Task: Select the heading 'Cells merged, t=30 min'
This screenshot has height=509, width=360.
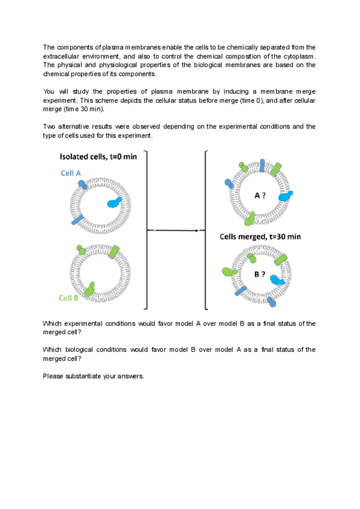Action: (x=260, y=237)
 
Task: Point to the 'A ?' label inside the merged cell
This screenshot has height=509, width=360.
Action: (x=260, y=196)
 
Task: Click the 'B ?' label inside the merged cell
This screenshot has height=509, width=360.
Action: (x=260, y=274)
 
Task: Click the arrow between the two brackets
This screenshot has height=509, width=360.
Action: (x=176, y=230)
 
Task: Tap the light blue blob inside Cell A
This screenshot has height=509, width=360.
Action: (x=113, y=202)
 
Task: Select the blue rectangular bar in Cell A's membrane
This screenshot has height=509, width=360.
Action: (x=77, y=221)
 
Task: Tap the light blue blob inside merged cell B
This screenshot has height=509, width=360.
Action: (x=277, y=279)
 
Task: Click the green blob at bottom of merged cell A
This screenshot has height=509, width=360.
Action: (x=250, y=218)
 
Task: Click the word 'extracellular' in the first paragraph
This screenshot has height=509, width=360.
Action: (x=61, y=56)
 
